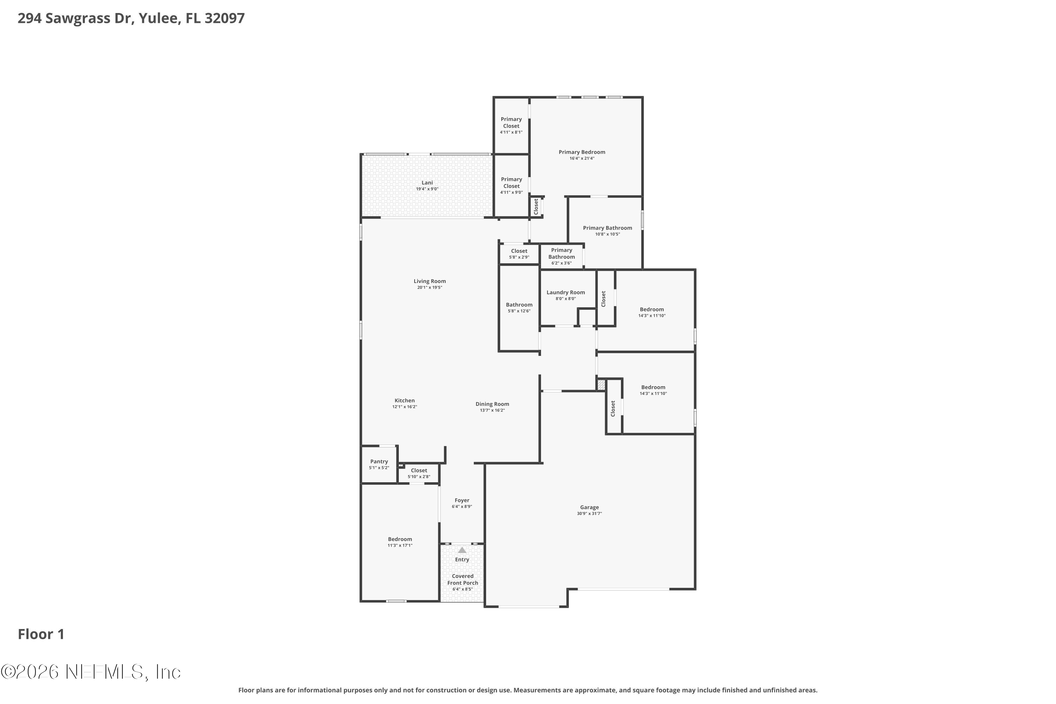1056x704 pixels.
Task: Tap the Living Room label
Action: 430,281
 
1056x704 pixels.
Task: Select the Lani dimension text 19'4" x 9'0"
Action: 427,189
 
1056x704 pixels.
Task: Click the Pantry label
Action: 379,461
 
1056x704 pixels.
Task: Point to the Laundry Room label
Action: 566,292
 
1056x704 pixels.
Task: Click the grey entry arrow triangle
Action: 462,550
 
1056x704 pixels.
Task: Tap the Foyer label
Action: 462,500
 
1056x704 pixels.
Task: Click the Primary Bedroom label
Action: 582,152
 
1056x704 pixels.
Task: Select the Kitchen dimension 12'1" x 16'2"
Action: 404,407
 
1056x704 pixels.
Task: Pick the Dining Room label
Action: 492,404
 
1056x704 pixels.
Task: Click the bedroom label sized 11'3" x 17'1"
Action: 400,539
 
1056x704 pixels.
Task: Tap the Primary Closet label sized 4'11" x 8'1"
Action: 511,122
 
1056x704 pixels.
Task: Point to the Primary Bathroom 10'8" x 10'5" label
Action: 608,228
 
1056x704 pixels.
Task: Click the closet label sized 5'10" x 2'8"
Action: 419,471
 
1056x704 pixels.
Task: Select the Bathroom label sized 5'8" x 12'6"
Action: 519,305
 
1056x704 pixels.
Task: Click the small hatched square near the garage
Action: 601,385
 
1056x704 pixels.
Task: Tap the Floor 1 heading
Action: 41,634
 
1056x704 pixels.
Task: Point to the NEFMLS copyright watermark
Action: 91,672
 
